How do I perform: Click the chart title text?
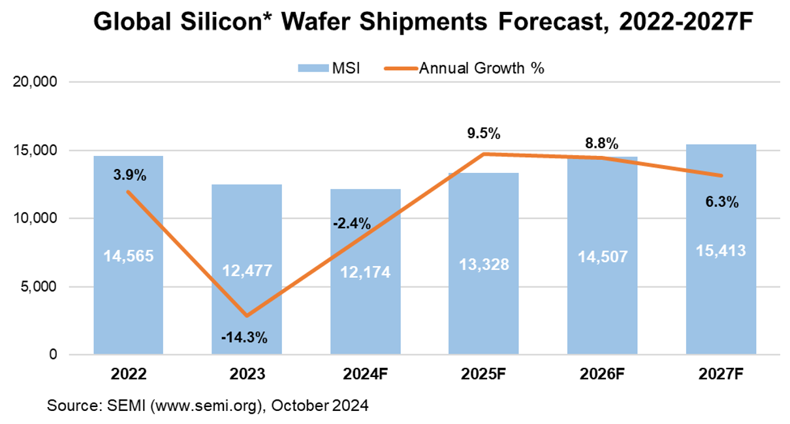tap(422, 23)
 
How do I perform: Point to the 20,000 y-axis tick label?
tap(36, 82)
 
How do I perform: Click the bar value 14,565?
tap(129, 256)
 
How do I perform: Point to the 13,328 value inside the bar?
tap(484, 264)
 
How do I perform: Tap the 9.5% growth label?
tap(484, 134)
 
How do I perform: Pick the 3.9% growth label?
tap(129, 175)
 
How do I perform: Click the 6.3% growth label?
tap(721, 202)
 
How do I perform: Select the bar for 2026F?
tap(602, 274)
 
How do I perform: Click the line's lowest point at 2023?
tap(247, 316)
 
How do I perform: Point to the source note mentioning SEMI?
tap(208, 406)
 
